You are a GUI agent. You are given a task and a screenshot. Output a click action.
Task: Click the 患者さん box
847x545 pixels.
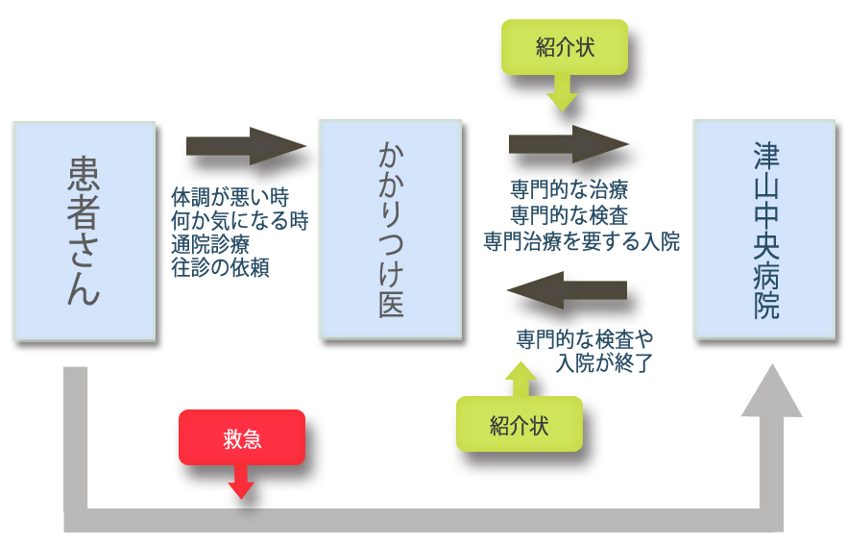[x=85, y=231]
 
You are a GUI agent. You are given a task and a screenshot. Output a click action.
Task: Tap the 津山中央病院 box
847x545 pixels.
[x=763, y=229]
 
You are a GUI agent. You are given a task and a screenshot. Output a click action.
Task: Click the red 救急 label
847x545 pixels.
[x=241, y=438]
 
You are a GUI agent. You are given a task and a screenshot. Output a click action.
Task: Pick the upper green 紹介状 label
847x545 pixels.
[x=565, y=47]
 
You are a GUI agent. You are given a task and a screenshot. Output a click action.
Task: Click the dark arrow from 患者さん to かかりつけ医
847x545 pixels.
[x=245, y=146]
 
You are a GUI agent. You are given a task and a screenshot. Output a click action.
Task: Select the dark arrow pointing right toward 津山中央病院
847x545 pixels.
[x=568, y=144]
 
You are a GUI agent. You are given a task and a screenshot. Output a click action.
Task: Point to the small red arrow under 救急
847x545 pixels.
[x=241, y=483]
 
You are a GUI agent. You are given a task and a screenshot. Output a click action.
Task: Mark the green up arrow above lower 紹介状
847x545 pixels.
[x=520, y=379]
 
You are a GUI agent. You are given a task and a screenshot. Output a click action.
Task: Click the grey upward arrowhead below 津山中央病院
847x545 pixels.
[x=771, y=394]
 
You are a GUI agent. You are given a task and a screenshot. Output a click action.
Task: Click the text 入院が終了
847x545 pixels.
[x=604, y=363]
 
